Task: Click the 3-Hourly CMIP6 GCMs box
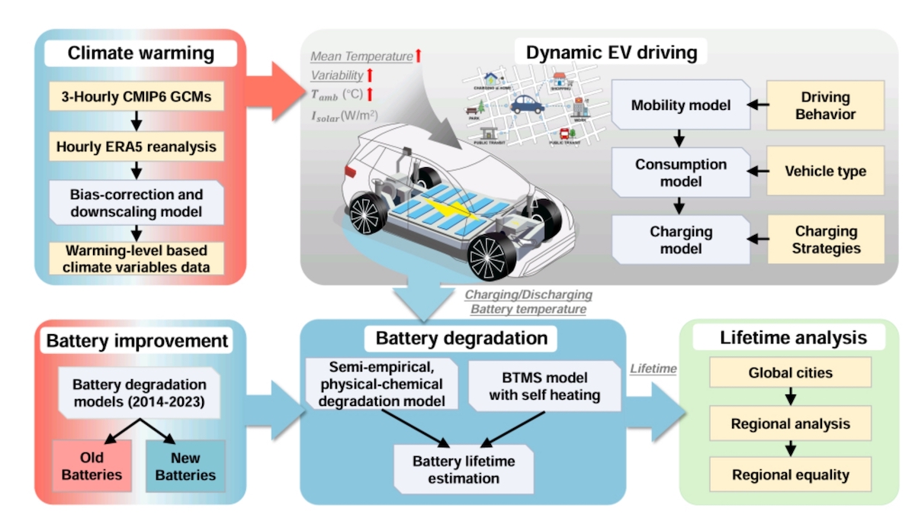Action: point(136,98)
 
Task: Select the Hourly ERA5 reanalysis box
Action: point(136,146)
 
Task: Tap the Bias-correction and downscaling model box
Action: point(136,201)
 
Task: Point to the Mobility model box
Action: point(681,105)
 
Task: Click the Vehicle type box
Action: point(826,171)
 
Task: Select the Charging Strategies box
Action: point(826,239)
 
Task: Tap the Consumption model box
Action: point(681,173)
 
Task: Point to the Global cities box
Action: point(790,374)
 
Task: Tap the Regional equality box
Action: point(790,475)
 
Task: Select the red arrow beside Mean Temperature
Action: point(419,55)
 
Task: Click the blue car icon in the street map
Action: point(527,103)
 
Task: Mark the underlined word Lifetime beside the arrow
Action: point(653,368)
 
